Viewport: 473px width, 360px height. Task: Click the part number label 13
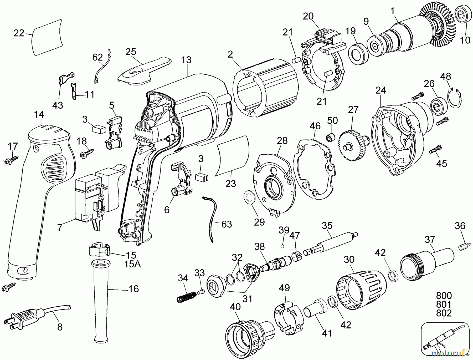pyautogui.click(x=186, y=60)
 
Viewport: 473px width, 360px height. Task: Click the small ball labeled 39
pyautogui.click(x=282, y=246)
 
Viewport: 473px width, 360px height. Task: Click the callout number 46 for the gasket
pyautogui.click(x=315, y=126)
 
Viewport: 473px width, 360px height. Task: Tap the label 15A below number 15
pyautogui.click(x=132, y=264)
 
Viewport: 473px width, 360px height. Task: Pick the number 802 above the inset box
pyautogui.click(x=444, y=313)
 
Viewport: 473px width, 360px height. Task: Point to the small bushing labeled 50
pyautogui.click(x=331, y=137)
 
